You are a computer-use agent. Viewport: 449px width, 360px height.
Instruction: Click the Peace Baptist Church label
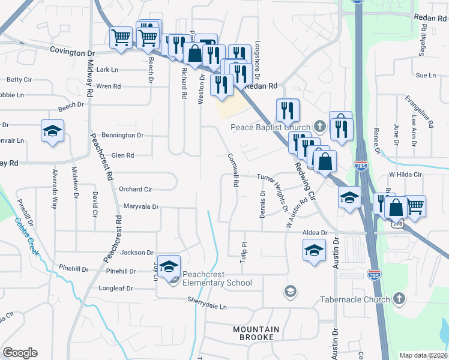(270, 127)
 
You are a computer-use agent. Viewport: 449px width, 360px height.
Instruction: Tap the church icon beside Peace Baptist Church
(320, 127)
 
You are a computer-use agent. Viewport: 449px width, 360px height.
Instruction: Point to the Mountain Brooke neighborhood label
(256, 333)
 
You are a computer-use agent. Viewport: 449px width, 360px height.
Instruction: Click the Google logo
(20, 352)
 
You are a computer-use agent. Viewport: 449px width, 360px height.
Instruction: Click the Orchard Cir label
(135, 189)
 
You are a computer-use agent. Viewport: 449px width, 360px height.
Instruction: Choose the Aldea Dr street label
(315, 232)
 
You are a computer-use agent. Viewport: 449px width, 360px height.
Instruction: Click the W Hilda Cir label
(406, 175)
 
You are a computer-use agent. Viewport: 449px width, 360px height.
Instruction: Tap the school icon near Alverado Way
(52, 131)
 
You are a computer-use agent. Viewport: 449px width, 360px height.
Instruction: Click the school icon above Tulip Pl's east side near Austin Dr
(314, 251)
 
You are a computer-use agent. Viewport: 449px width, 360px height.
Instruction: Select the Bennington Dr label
(122, 135)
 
